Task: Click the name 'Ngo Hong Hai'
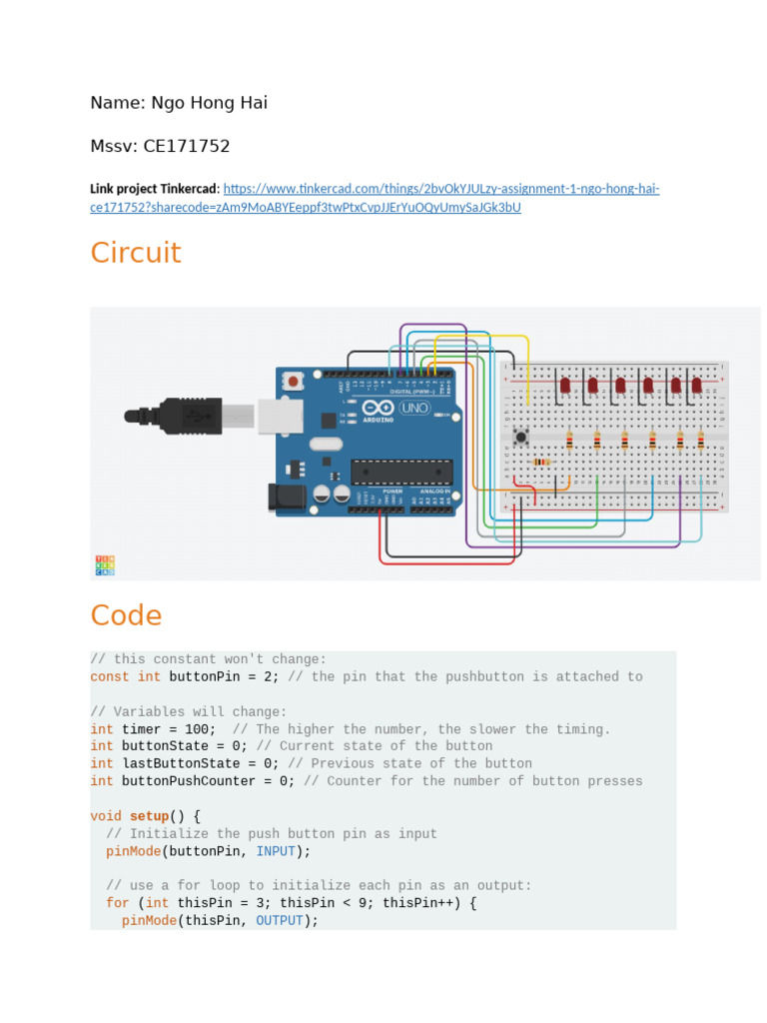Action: (x=209, y=103)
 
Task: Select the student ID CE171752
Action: (x=186, y=146)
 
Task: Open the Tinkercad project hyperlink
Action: (x=440, y=190)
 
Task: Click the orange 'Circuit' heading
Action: (x=136, y=253)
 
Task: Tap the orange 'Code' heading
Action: (x=126, y=615)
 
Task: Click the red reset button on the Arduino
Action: (x=294, y=382)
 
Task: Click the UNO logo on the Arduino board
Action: (x=413, y=408)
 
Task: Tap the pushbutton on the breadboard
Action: (x=520, y=436)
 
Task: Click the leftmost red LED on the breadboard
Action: (x=565, y=385)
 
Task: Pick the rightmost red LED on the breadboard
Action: (x=697, y=385)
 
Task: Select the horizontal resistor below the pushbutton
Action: (x=541, y=462)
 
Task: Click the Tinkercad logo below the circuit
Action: (x=105, y=565)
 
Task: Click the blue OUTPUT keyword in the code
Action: (x=279, y=920)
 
